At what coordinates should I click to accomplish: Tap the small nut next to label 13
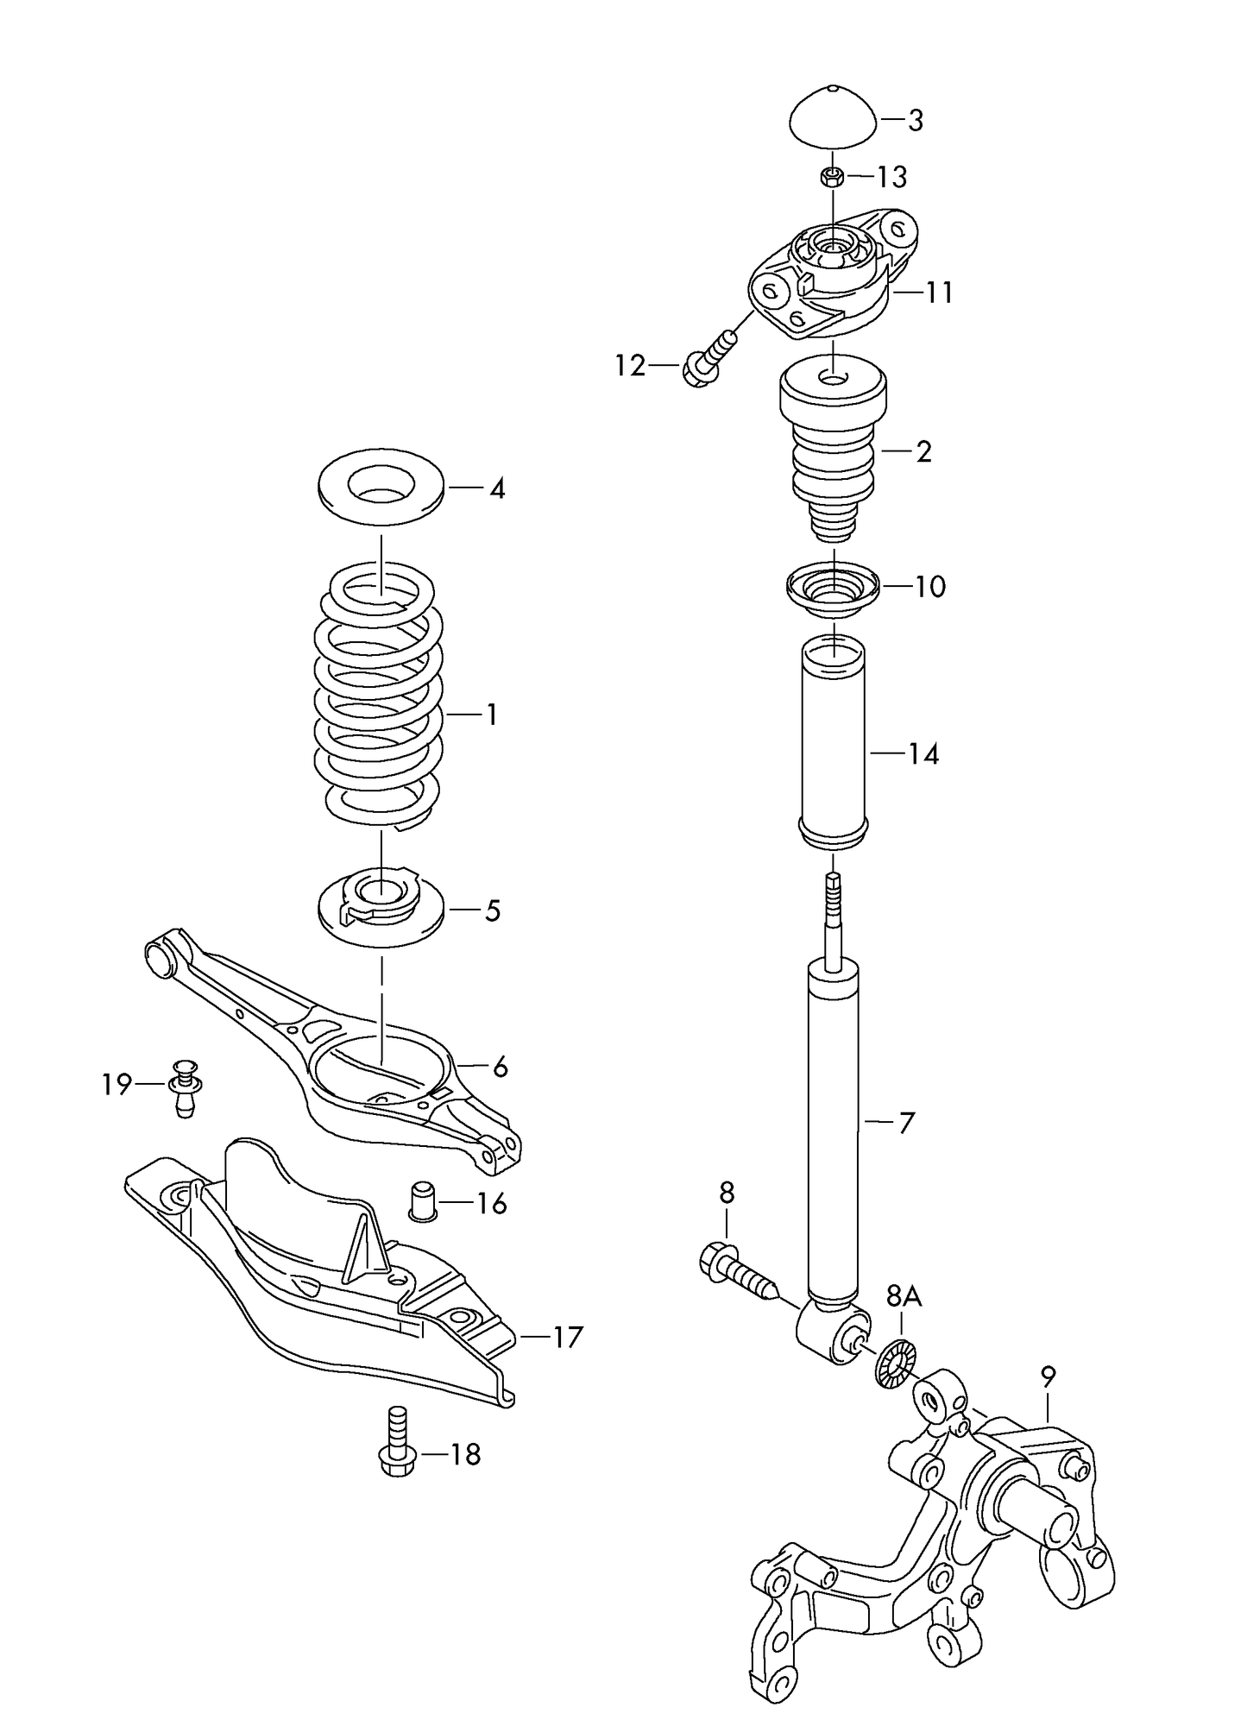(832, 178)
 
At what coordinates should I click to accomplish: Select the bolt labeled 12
(709, 359)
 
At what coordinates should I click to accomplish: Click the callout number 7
(906, 1123)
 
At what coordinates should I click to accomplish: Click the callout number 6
(500, 1068)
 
